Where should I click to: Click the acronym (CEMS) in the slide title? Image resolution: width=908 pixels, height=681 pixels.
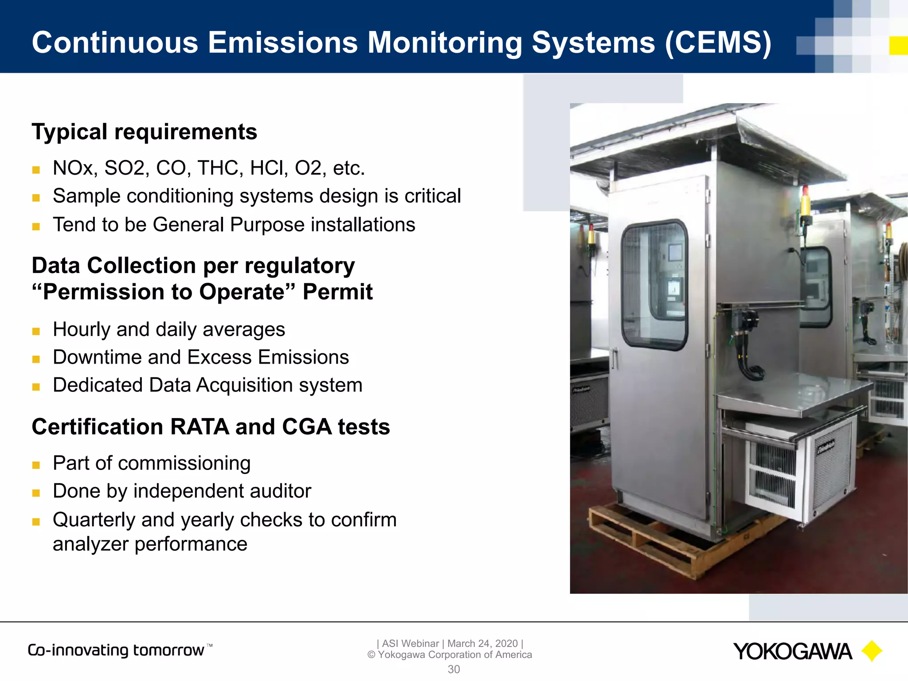pos(718,43)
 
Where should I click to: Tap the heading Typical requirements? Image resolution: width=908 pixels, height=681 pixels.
pos(144,132)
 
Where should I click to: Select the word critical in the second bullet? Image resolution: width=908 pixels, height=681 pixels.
pos(432,196)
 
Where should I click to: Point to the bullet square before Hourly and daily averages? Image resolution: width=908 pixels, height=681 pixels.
pos(36,331)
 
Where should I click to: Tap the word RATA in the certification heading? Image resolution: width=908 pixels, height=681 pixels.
pos(199,427)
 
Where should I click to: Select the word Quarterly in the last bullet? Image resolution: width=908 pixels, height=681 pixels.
pos(94,520)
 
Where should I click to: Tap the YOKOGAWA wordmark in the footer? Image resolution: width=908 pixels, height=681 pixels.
pos(792,652)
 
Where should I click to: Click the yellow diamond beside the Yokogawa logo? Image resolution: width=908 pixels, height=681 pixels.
pos(872,651)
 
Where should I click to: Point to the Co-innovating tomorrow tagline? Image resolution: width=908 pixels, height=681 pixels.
pos(116,650)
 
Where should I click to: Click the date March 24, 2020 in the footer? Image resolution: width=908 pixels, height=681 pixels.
pos(482,643)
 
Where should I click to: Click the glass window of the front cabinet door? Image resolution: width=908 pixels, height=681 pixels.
pos(654,284)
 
